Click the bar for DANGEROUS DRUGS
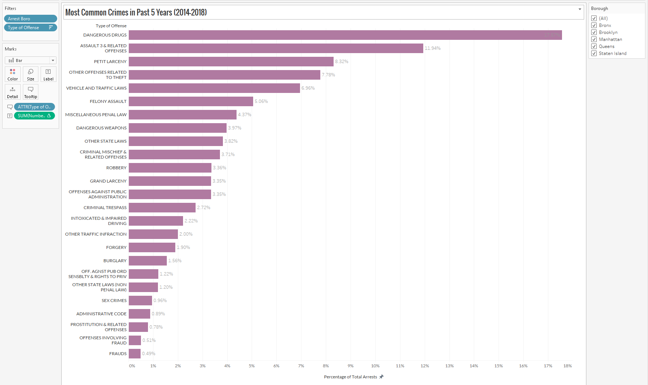tap(345, 35)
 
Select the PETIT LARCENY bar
tap(231, 62)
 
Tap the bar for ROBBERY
tap(170, 168)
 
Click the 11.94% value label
tap(432, 48)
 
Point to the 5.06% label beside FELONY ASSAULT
tap(261, 101)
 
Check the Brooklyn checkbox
tap(594, 32)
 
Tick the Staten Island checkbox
tap(594, 53)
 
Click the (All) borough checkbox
tap(594, 18)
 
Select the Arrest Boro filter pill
tap(30, 19)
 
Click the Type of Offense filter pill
tap(30, 28)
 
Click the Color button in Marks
tap(13, 74)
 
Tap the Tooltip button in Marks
tap(31, 92)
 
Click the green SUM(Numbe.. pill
tap(34, 116)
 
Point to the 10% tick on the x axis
tap(375, 366)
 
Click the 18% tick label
tap(568, 366)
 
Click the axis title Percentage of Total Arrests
tap(350, 377)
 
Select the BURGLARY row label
tap(115, 261)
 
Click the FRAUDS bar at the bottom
tap(135, 354)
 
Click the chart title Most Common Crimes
tap(136, 13)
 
